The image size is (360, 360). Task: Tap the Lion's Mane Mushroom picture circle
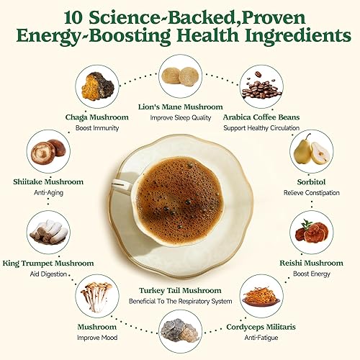click(179, 76)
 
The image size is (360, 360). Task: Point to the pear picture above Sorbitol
click(312, 150)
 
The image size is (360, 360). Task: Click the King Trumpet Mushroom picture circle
click(48, 231)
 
